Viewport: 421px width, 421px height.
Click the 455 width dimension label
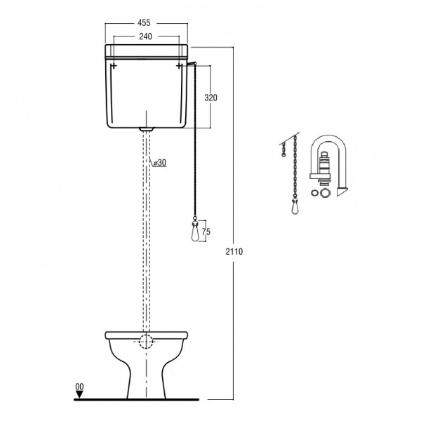click(144, 23)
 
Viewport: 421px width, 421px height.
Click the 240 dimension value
click(145, 36)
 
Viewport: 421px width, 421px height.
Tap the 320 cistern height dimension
click(210, 98)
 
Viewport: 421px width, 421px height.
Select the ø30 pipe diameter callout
click(159, 163)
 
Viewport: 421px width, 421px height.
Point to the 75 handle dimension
click(206, 232)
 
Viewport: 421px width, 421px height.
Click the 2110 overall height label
click(234, 252)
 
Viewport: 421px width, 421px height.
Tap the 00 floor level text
click(79, 387)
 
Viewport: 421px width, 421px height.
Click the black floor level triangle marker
click(79, 394)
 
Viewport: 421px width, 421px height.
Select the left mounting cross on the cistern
click(114, 66)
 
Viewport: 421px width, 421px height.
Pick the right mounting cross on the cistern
click(180, 66)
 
